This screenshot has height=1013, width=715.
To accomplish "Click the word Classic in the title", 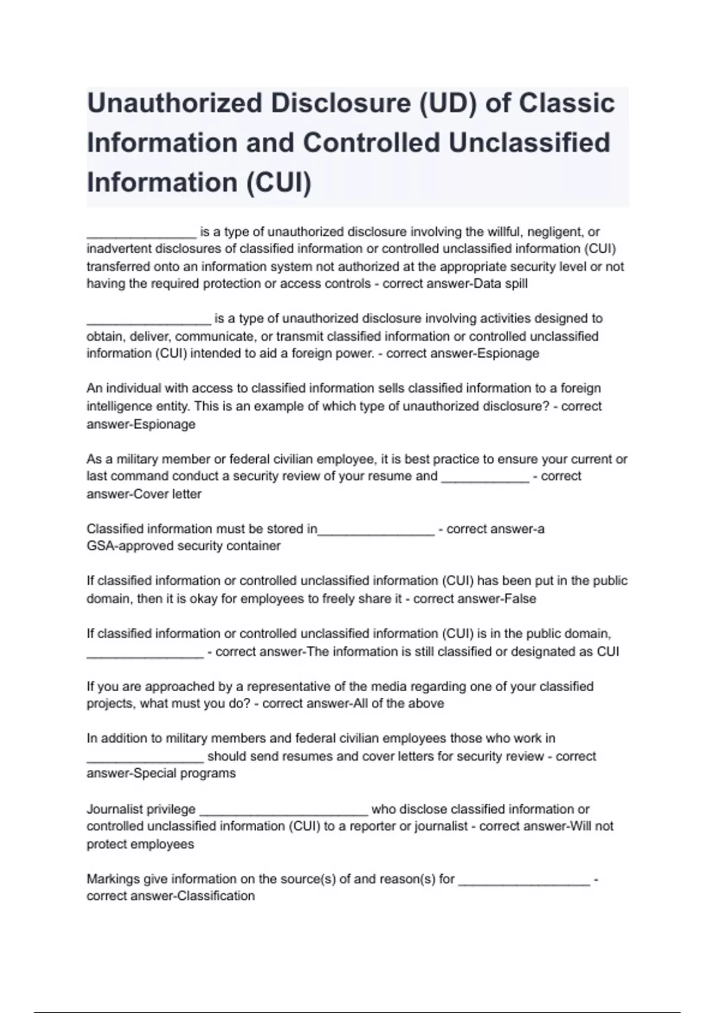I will (x=567, y=103).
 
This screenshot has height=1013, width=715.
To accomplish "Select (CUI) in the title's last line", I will (x=278, y=182).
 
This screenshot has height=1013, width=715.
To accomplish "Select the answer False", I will (x=520, y=599).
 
